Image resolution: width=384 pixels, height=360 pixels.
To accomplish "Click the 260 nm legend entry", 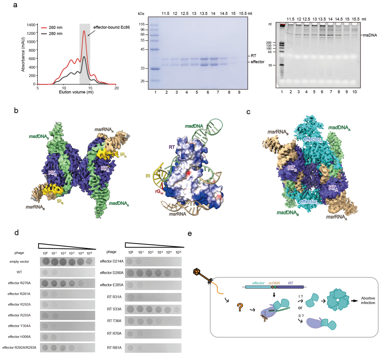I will pos(55,28).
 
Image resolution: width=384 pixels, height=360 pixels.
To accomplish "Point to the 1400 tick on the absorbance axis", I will pos(31,25).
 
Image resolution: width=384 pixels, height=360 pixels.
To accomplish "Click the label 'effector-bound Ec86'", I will pos(111,27).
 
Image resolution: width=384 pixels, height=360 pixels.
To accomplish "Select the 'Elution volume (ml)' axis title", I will pos(76,92).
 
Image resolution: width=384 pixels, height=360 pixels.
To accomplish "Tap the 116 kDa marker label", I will pos(142,24).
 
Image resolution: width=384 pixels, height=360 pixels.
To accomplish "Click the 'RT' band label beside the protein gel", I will pos(254,56).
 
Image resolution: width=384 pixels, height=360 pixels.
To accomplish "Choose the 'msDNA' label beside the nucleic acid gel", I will pos(370,35).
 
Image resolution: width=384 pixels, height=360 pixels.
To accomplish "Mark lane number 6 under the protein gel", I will pos(208,92).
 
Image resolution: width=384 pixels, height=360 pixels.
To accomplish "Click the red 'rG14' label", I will pos(159,192).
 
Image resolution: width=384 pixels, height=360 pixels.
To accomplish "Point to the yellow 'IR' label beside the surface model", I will pos(148,176).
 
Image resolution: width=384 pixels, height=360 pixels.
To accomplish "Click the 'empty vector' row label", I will pos(19,261).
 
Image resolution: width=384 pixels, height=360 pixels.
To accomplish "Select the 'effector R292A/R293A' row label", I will pos(19,348).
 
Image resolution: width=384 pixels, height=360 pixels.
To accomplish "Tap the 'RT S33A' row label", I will pos(114,309).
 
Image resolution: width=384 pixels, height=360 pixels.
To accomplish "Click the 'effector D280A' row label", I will pos(112,273).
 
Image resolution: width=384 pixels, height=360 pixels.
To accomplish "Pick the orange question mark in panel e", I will pos(240,307).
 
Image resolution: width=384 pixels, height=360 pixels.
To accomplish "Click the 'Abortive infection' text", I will pos(368,300).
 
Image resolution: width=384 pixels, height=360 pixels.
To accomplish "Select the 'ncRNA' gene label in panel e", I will pos(274,283).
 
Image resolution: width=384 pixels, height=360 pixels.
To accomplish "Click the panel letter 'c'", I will pos(248,112).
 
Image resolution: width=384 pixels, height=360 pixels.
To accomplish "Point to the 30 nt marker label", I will pos(270,65).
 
